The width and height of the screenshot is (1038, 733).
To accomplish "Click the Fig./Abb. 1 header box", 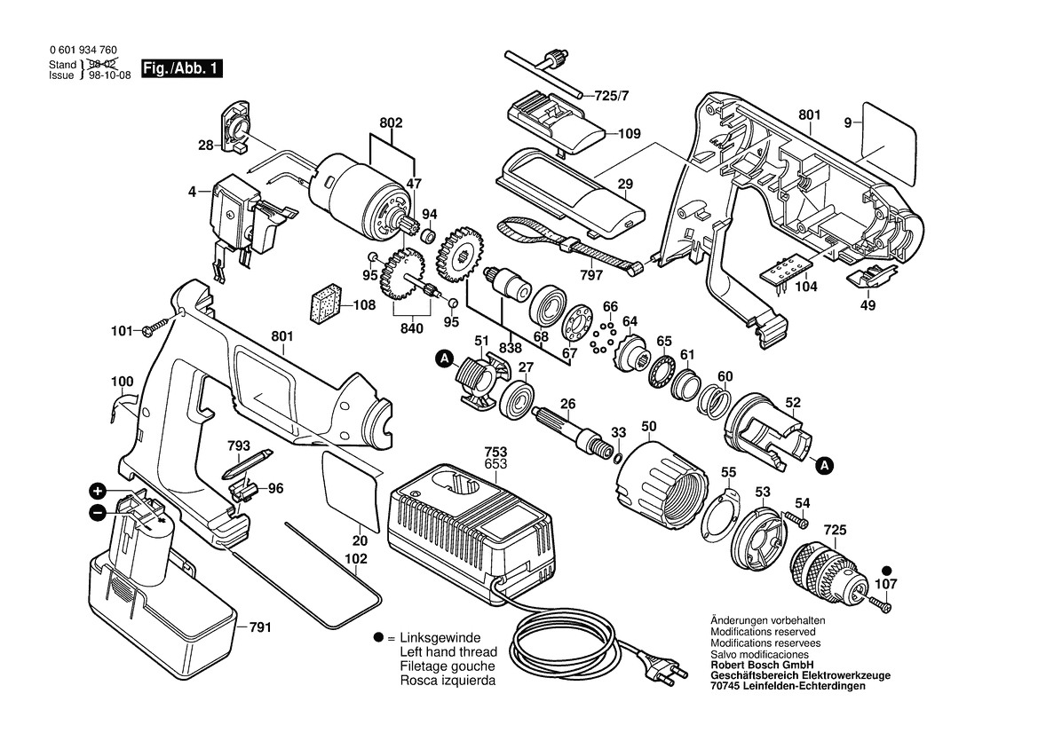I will (183, 68).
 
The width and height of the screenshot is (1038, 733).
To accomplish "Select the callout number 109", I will (629, 134).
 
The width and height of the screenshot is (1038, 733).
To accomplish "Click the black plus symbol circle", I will (98, 491).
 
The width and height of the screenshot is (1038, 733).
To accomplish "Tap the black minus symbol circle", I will (98, 512).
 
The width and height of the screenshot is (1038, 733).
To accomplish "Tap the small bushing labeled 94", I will (426, 237).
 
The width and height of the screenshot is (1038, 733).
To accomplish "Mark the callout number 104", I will (805, 288).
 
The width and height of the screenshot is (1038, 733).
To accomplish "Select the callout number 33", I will (619, 432).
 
